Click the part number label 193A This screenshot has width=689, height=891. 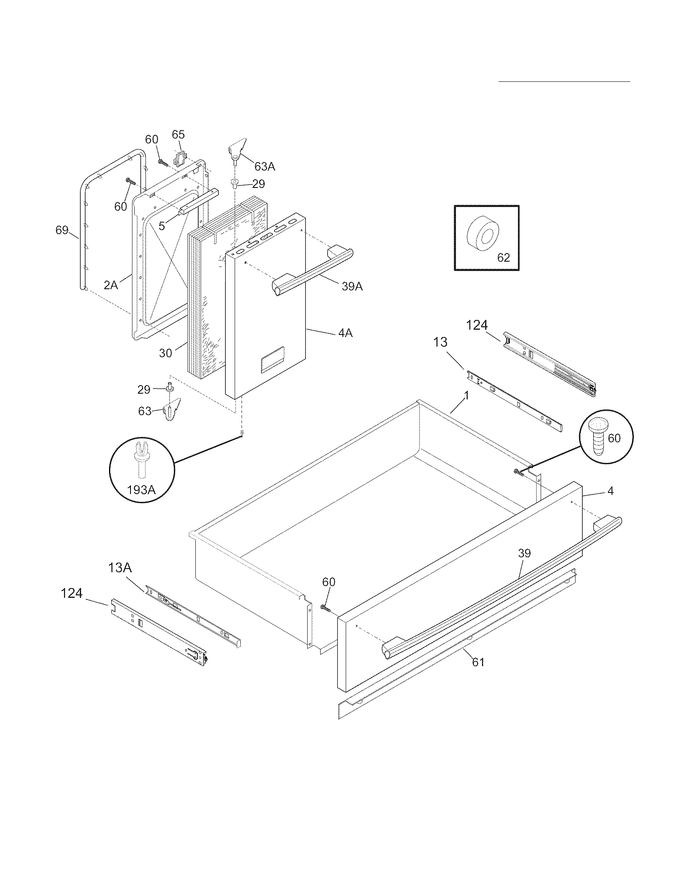point(141,490)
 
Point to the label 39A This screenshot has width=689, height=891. point(352,286)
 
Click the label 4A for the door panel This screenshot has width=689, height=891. point(345,333)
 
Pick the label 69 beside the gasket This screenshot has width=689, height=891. point(62,230)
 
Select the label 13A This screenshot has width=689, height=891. point(120,567)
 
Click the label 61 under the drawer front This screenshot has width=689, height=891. point(478,662)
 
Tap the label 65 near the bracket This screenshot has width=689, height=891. point(178,134)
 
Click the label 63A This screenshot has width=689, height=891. point(265,166)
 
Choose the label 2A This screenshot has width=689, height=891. point(111,285)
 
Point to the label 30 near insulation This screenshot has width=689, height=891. point(165,353)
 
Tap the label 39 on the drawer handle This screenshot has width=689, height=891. point(524,553)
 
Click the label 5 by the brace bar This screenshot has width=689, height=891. point(162,226)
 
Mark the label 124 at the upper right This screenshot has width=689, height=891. point(477,325)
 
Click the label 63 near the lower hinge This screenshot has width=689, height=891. point(145,411)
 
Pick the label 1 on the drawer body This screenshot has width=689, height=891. point(466,396)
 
